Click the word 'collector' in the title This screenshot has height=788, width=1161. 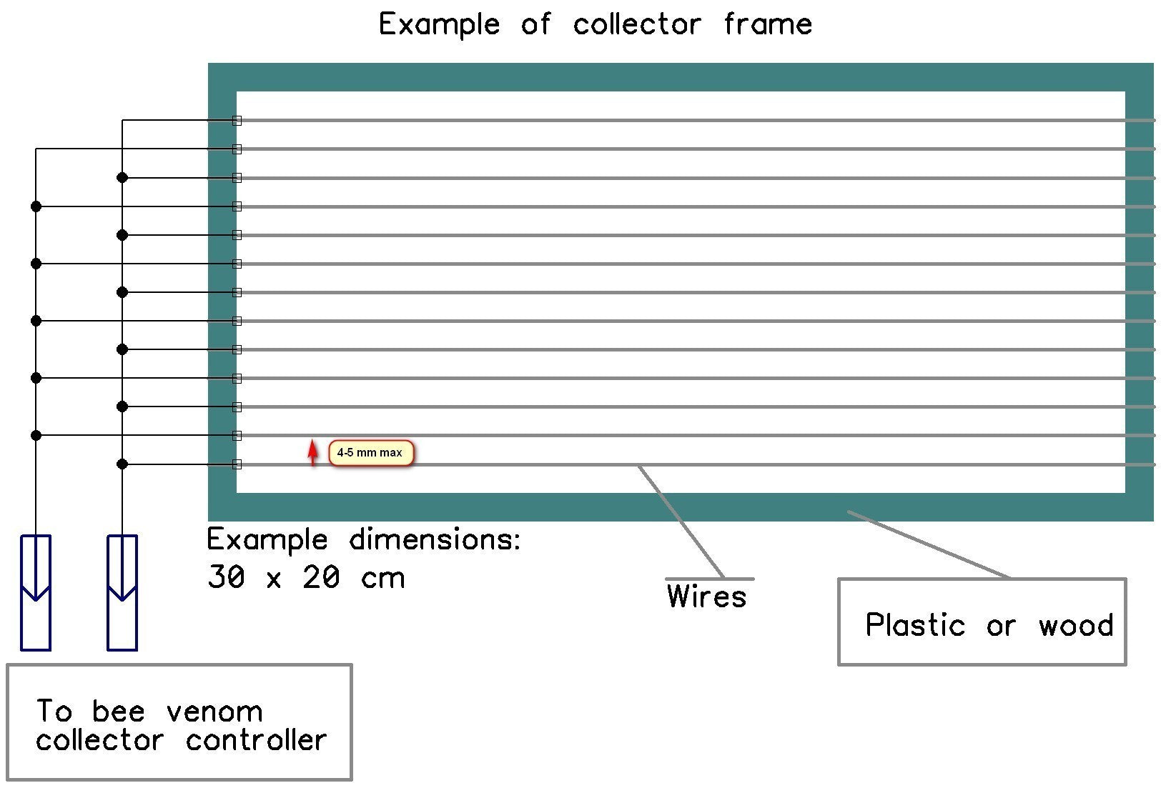(x=637, y=25)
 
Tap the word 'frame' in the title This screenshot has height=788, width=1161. (x=768, y=25)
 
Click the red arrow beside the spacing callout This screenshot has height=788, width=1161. (x=312, y=453)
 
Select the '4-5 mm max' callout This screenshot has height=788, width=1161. (x=370, y=453)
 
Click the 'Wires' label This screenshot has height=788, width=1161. (x=706, y=597)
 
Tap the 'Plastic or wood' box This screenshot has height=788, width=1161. (x=982, y=622)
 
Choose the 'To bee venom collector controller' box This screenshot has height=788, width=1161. (x=179, y=722)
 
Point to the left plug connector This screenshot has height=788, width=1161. (x=36, y=592)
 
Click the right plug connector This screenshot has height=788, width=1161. (x=122, y=592)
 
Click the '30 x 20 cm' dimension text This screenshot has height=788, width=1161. (x=306, y=577)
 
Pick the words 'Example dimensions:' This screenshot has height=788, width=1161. (x=364, y=540)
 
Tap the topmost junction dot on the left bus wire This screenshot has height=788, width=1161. (x=36, y=206)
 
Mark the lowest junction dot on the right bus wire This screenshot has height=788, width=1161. (x=122, y=464)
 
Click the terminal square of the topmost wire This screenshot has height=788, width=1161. (x=237, y=121)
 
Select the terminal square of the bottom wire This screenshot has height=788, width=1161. (x=237, y=464)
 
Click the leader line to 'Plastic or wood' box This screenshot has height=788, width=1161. (x=929, y=544)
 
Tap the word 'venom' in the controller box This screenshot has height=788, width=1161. (x=214, y=712)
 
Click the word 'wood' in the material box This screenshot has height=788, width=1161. (x=1076, y=626)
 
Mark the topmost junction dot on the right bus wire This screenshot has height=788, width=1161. (x=122, y=177)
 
